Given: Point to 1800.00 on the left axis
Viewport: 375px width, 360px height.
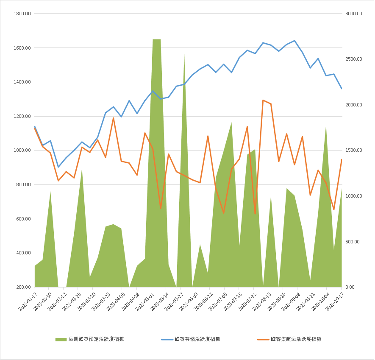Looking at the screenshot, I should point(22,14).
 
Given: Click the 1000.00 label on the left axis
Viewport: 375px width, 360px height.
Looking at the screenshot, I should point(22,151).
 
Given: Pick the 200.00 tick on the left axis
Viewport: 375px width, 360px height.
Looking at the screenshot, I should point(23,287).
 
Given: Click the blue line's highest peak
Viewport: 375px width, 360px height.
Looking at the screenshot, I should point(294,41).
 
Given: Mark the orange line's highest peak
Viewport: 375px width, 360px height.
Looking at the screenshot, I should point(263,100).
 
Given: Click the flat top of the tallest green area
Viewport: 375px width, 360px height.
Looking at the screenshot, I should point(157,39).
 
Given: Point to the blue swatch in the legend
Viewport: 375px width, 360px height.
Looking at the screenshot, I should point(167,339).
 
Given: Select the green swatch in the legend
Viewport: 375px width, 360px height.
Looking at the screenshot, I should point(61,339).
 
